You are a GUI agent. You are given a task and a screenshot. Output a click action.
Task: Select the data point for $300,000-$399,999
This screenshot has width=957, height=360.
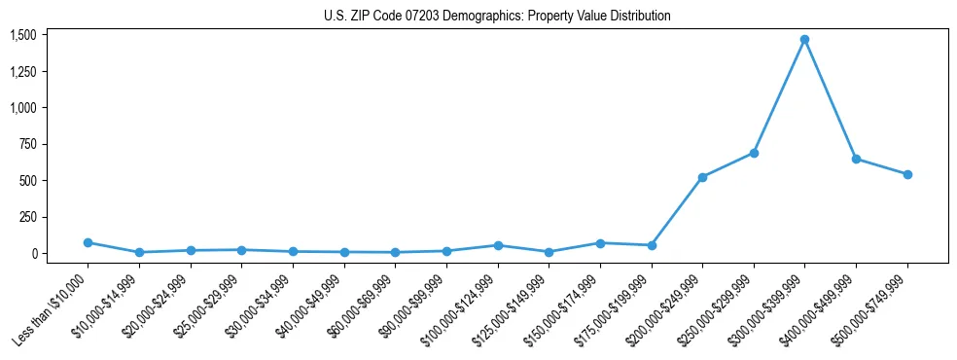click(804, 40)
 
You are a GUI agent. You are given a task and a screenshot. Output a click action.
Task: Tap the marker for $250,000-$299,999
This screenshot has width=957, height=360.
click(754, 153)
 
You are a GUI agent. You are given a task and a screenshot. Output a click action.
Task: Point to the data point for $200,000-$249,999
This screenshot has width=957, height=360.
click(702, 177)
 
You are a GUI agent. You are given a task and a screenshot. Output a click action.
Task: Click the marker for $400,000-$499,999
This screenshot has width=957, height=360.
click(856, 159)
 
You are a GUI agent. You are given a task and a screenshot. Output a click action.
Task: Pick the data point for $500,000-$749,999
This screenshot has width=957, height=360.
click(907, 174)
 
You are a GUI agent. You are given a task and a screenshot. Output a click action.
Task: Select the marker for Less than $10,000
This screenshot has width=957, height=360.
click(88, 242)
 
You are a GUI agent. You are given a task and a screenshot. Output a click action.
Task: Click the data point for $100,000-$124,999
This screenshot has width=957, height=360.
click(498, 245)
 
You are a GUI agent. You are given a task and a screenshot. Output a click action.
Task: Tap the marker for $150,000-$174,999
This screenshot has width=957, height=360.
click(600, 243)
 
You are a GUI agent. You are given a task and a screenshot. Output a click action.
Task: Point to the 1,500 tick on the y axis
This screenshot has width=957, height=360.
click(23, 35)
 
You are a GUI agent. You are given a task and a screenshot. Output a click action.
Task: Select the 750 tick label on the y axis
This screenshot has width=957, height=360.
click(27, 144)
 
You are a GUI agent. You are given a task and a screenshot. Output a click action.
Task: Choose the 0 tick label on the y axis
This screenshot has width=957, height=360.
click(33, 253)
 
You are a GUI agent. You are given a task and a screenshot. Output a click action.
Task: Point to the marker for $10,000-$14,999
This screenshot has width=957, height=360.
click(139, 252)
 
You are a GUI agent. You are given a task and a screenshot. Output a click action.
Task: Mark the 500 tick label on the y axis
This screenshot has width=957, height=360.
click(27, 180)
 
